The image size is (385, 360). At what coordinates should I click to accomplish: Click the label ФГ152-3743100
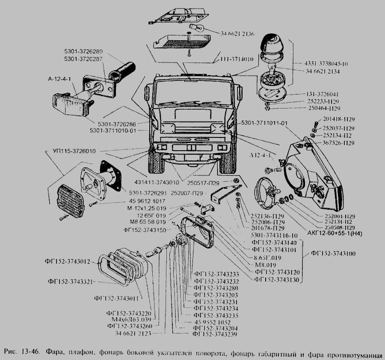pyautogui.click(x=333, y=254)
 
